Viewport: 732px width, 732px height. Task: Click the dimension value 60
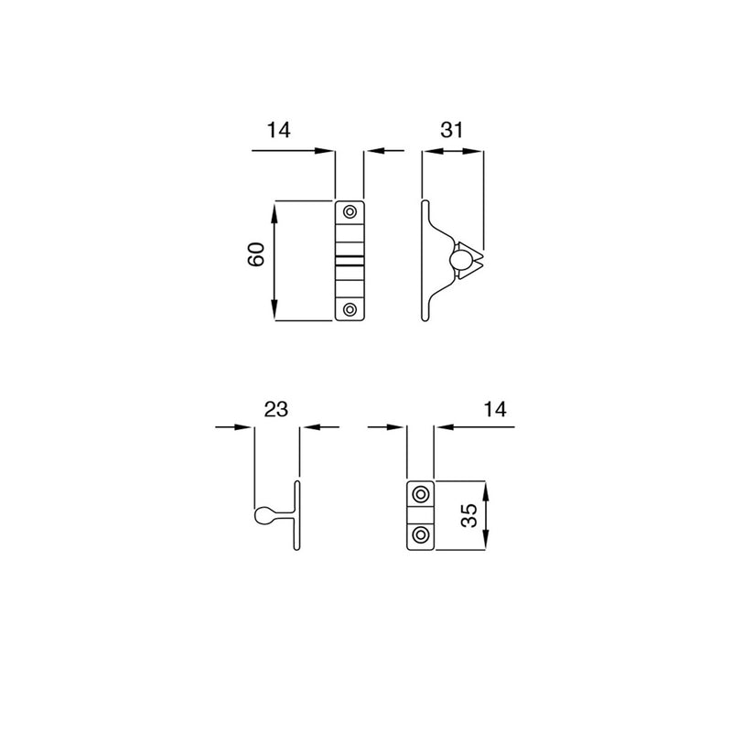[x=256, y=254]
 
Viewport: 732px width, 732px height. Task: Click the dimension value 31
[x=451, y=130]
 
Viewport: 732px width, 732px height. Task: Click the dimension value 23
[x=276, y=409]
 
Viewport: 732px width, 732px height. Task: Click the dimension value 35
[x=468, y=515]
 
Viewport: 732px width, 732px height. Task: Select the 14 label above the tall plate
[x=279, y=130]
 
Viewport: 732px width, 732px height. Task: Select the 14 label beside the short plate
[x=495, y=409]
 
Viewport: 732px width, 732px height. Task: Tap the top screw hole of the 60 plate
[x=350, y=212]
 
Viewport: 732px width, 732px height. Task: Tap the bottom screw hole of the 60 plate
[x=350, y=309]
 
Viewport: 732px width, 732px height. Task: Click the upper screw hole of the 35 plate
[x=421, y=494]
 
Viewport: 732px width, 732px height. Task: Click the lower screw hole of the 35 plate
[x=421, y=535]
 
